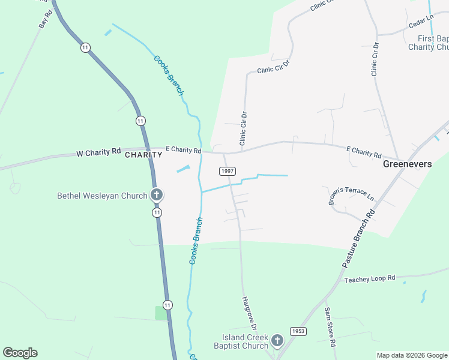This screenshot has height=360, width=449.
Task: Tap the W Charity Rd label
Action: coord(99,153)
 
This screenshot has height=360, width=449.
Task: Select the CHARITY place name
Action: coord(143,155)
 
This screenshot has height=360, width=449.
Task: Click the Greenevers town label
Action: coord(408,163)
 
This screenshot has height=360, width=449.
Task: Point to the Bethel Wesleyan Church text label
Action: coord(102,196)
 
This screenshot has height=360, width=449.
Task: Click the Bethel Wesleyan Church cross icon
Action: coord(157,194)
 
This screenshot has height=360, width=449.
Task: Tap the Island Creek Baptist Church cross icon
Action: coord(277,341)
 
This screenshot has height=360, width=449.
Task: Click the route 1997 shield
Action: coord(228,171)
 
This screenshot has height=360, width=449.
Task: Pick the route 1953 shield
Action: coord(298,331)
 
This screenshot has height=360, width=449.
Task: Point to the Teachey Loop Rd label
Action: coord(370,279)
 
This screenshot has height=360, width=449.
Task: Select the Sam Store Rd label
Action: coord(329,326)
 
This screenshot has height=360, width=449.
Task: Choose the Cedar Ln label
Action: coord(420,23)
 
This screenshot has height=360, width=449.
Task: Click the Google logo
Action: coord(20,353)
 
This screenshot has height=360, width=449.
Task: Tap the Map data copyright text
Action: coord(411,355)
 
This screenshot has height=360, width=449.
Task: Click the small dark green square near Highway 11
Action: coord(161,313)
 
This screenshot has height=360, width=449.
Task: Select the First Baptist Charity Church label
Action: coord(429,43)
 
